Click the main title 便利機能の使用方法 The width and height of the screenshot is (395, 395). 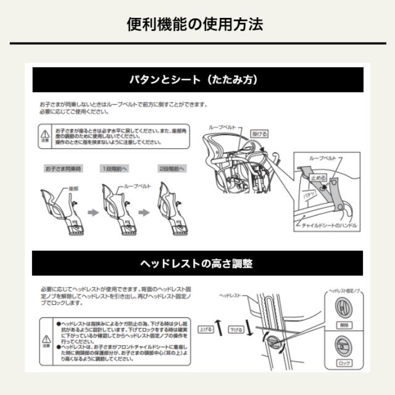click(197, 24)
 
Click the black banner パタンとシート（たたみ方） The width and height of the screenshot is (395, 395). click(197, 80)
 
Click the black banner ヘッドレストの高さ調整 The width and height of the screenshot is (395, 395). click(197, 264)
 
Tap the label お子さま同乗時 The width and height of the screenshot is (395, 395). click(64, 168)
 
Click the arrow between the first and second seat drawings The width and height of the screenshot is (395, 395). click(91, 212)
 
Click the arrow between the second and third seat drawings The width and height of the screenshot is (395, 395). click(143, 212)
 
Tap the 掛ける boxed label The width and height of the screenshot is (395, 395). click(259, 133)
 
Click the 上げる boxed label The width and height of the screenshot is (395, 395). click(206, 330)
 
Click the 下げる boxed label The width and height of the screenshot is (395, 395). click(236, 330)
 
